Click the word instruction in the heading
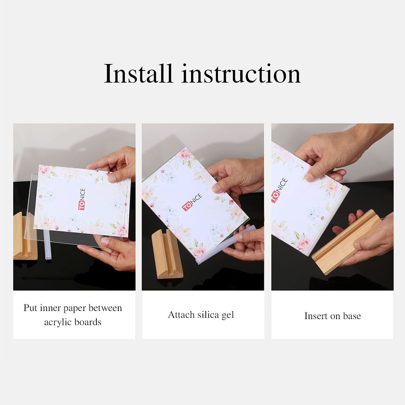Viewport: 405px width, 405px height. tap(241, 74)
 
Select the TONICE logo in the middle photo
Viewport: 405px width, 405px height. tap(192, 202)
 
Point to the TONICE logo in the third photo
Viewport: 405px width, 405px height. tap(279, 190)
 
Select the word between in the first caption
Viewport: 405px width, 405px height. tap(105, 308)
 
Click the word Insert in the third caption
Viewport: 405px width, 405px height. tap(316, 316)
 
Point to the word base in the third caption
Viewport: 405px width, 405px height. tap(352, 316)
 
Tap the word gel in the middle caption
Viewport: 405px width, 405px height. tap(228, 315)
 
